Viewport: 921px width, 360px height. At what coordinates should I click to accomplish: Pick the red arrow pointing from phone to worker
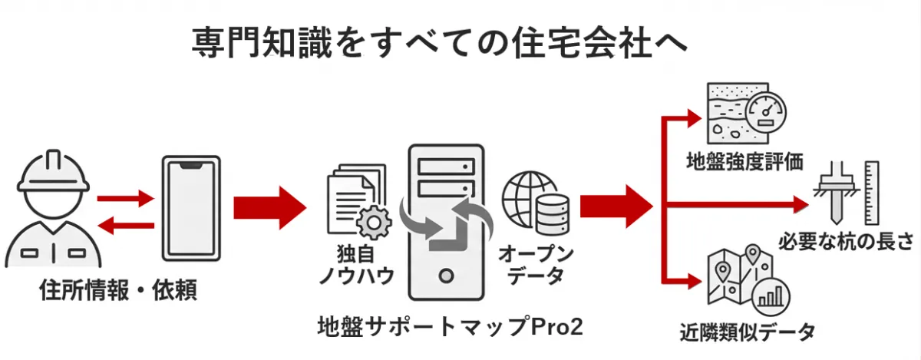(125, 226)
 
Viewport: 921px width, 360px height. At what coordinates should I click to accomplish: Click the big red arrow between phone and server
(269, 206)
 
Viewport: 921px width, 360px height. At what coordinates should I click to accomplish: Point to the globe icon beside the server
(528, 195)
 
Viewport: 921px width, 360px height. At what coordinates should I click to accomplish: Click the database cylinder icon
(553, 213)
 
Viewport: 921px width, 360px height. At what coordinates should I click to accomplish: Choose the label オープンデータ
(536, 263)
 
